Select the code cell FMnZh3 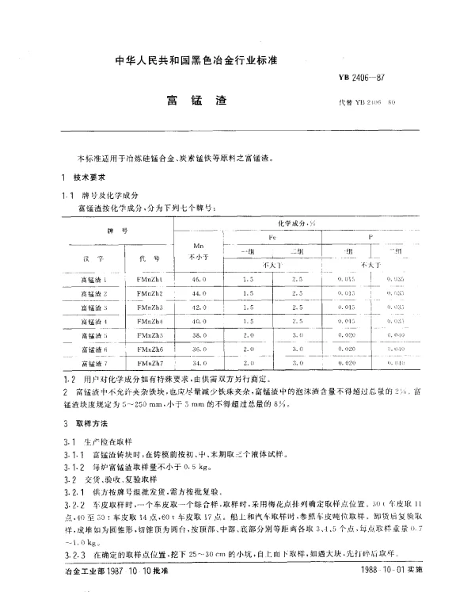pyautogui.click(x=150, y=307)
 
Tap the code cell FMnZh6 pyautogui.click(x=150, y=349)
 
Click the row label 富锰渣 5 pyautogui.click(x=93, y=335)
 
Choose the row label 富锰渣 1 pyautogui.click(x=93, y=280)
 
